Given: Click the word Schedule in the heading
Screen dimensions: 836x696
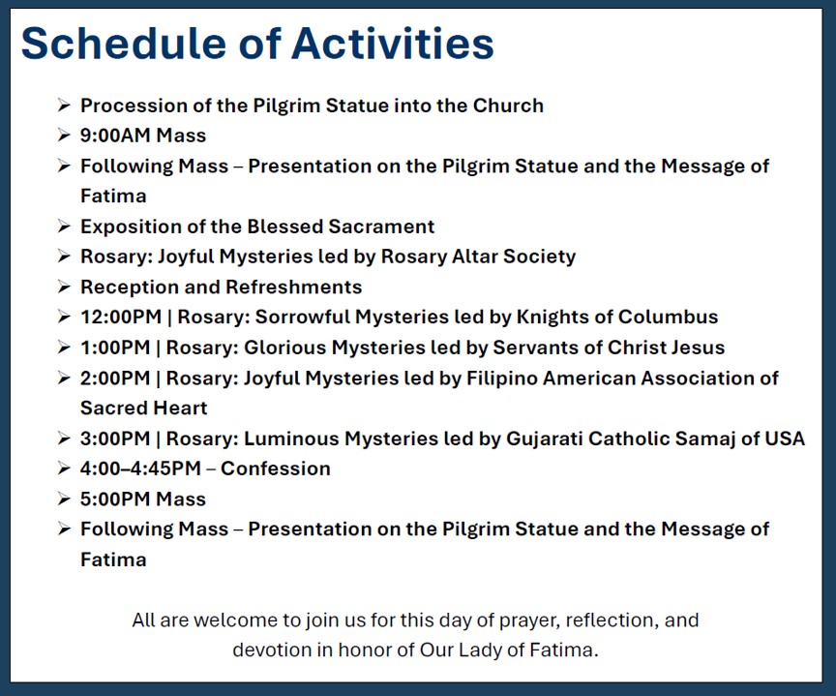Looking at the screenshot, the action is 125,44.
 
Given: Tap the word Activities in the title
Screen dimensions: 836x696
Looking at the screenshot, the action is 393,44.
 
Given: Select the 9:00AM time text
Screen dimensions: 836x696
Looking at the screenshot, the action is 115,136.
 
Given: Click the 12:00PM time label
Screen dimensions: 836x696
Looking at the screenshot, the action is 121,317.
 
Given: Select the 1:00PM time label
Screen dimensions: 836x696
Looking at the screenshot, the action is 115,348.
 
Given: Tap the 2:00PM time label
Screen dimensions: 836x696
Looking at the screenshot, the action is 115,378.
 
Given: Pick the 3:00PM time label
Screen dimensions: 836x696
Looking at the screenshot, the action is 115,439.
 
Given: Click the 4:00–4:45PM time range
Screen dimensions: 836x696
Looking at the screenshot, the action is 140,469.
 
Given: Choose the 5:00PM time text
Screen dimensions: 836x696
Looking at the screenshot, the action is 115,499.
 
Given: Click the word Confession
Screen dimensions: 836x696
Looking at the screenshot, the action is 276,469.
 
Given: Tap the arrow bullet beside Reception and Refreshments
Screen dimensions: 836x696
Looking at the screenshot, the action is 64,287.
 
